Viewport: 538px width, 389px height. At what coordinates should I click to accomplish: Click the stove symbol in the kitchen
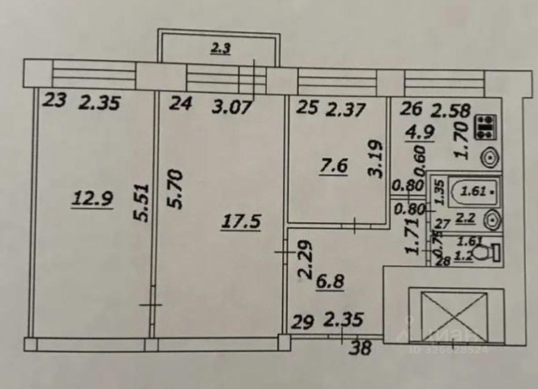486,127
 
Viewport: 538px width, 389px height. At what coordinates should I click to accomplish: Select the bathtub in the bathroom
474,192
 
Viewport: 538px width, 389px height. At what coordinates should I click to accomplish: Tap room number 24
181,103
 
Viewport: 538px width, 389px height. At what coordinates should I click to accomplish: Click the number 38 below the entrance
360,348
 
